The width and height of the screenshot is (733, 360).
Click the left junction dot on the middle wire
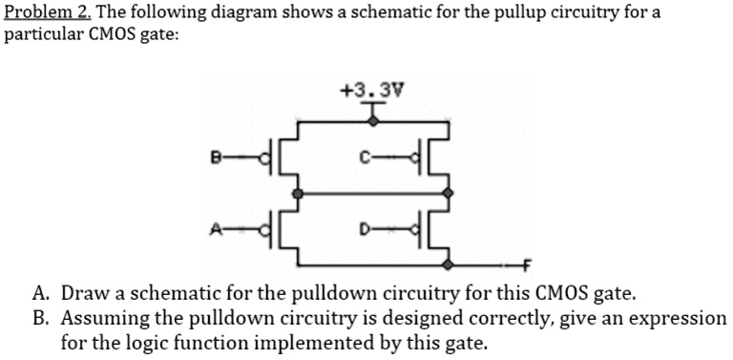pos(299,191)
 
